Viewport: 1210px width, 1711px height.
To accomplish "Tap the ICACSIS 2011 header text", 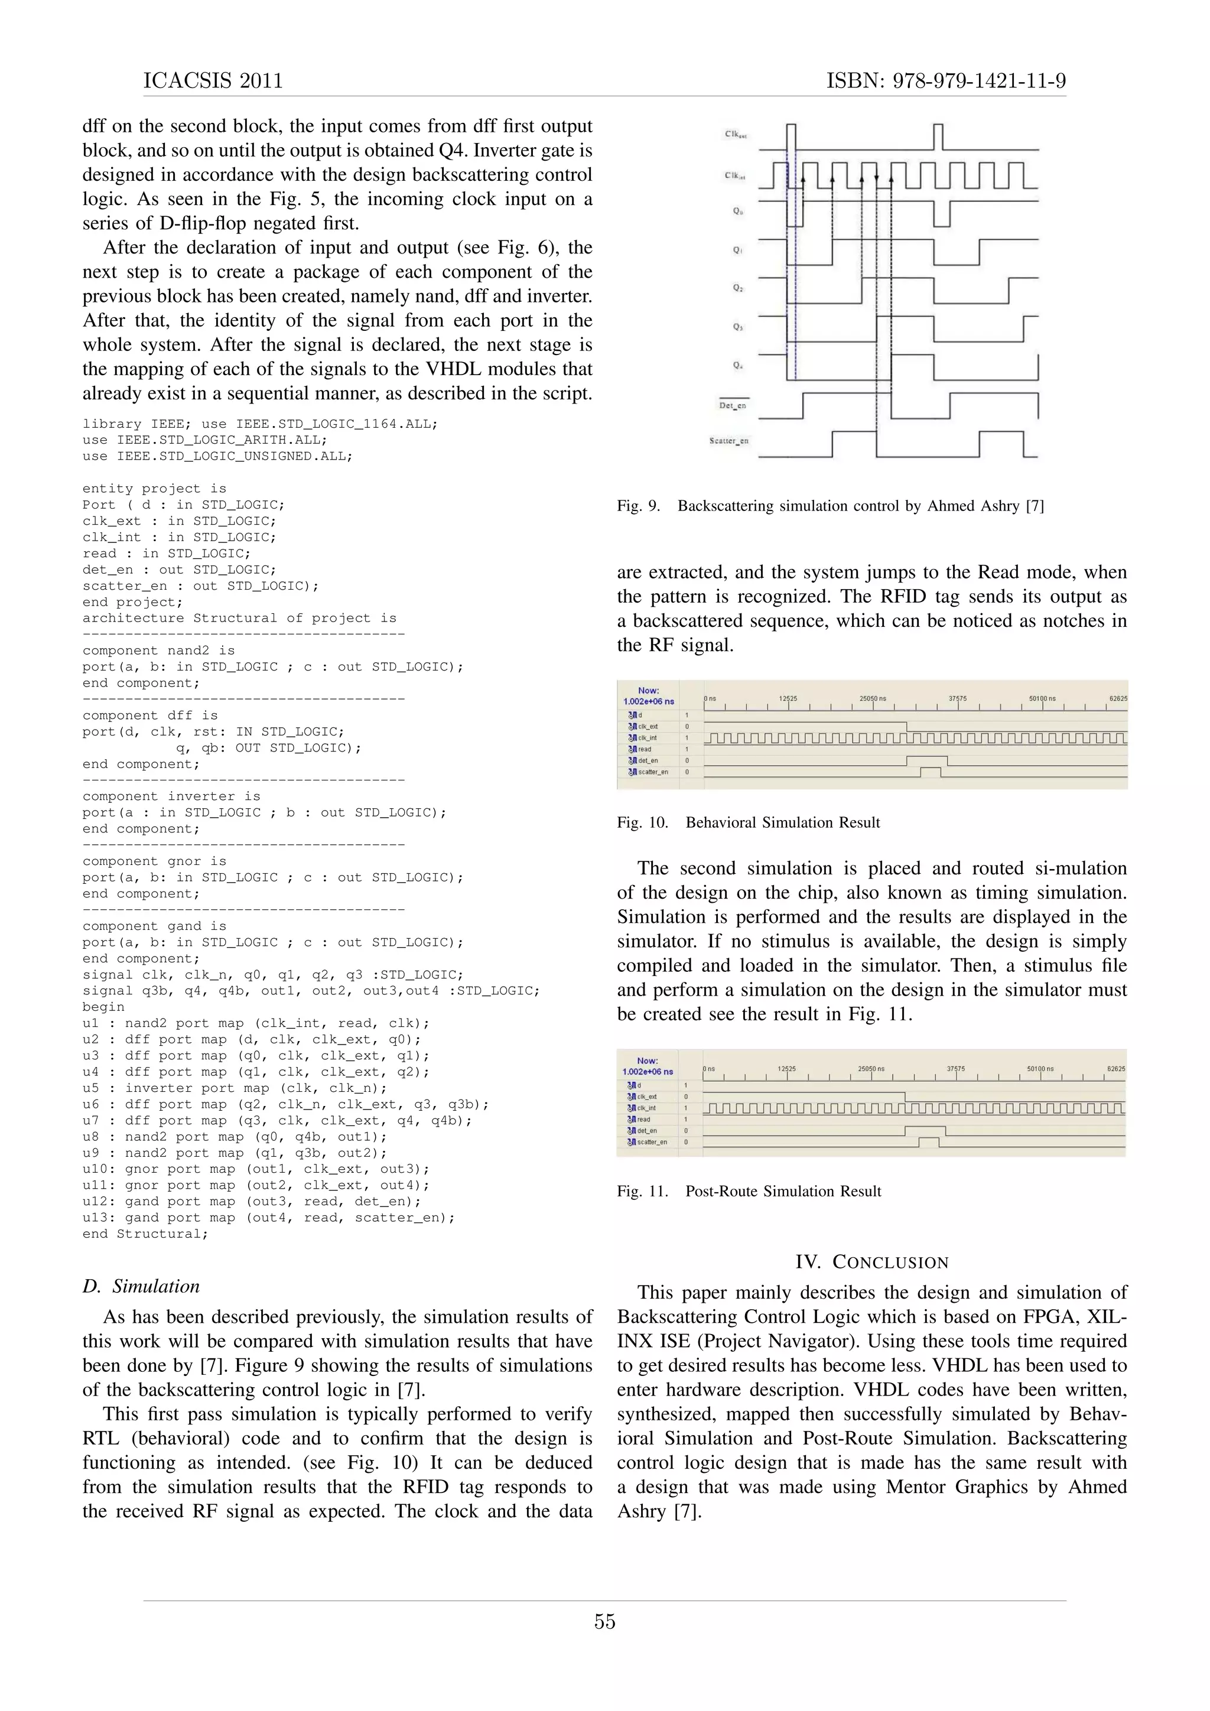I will pyautogui.click(x=213, y=81).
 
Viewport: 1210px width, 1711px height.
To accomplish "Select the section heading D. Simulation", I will pyautogui.click(x=142, y=1286).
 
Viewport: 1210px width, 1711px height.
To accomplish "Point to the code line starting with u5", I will pyautogui.click(x=235, y=1088).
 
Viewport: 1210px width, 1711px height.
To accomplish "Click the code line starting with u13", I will pyautogui.click(x=268, y=1218).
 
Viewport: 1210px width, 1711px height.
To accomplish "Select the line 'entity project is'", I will pyautogui.click(x=154, y=489).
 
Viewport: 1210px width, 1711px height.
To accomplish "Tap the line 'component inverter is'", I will pyautogui.click(x=171, y=796).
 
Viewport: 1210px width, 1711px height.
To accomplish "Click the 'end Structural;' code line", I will pyautogui.click(x=145, y=1234).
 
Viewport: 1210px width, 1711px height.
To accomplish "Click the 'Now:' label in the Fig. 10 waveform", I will pyautogui.click(x=648, y=691).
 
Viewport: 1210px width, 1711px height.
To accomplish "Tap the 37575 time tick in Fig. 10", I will pyautogui.click(x=957, y=699).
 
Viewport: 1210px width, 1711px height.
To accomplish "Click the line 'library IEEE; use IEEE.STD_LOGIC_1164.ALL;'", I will pyautogui.click(x=260, y=424).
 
